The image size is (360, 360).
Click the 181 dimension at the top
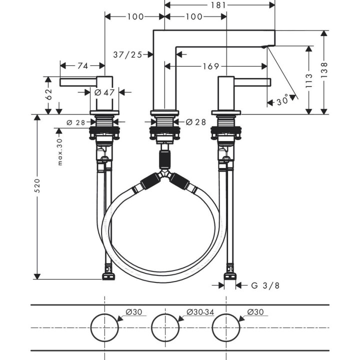point(219,5)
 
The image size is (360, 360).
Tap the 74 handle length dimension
point(82,65)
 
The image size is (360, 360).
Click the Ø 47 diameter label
point(104,92)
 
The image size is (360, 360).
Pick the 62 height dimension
point(48,95)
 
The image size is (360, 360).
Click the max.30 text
point(59,152)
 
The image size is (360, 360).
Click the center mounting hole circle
point(165,328)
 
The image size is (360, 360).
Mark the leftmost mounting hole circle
point(104,328)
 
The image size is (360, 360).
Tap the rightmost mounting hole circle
point(226,328)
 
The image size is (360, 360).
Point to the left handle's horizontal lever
point(77,82)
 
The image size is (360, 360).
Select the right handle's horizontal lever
point(252,82)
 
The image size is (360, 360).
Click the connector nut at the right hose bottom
point(230,274)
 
